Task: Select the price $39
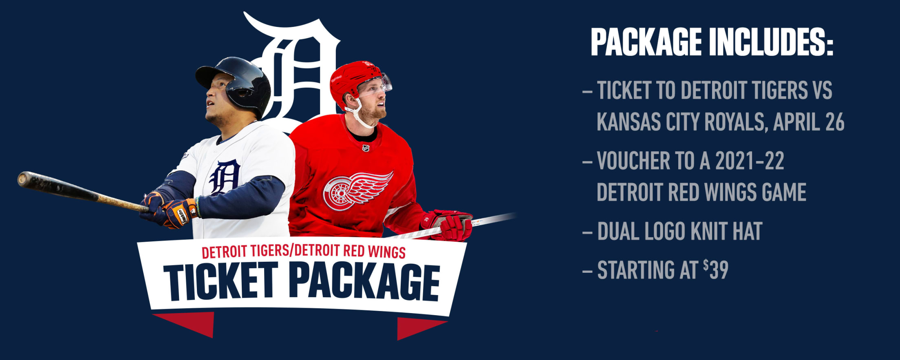[x=716, y=269]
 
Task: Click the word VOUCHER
[x=633, y=161]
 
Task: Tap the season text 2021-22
[x=750, y=161]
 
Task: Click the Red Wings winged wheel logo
[x=357, y=190]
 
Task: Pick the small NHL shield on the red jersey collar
[x=366, y=148]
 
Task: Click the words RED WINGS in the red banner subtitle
[x=374, y=251]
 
